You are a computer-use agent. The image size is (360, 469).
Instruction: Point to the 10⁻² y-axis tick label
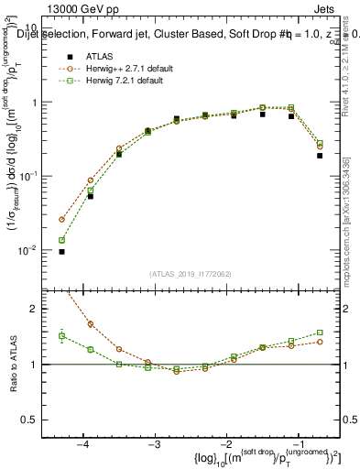coord(29,250)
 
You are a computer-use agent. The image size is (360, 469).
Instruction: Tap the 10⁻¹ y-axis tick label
coord(29,176)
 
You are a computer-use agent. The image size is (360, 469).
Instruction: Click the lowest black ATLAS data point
coord(61,251)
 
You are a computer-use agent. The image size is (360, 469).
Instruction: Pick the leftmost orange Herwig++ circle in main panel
coord(61,220)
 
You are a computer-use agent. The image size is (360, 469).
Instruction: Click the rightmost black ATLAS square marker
coord(320,156)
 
